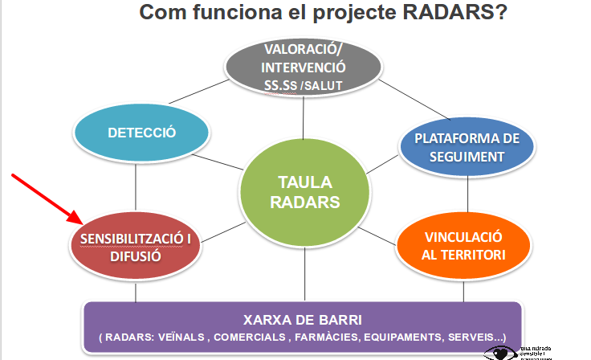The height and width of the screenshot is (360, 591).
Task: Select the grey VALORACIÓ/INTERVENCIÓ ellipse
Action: click(x=303, y=68)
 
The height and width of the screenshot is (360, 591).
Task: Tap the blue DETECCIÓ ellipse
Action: click(x=142, y=133)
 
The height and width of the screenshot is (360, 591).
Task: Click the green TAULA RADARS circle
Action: click(x=304, y=192)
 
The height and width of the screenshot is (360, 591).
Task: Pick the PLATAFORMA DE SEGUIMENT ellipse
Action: click(x=466, y=146)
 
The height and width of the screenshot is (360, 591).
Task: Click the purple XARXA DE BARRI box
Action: click(x=303, y=325)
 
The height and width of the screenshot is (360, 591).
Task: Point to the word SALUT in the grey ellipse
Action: click(x=331, y=86)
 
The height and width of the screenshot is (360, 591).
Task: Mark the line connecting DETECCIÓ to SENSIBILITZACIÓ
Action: click(x=136, y=184)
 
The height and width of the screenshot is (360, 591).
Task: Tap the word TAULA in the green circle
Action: click(x=304, y=182)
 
